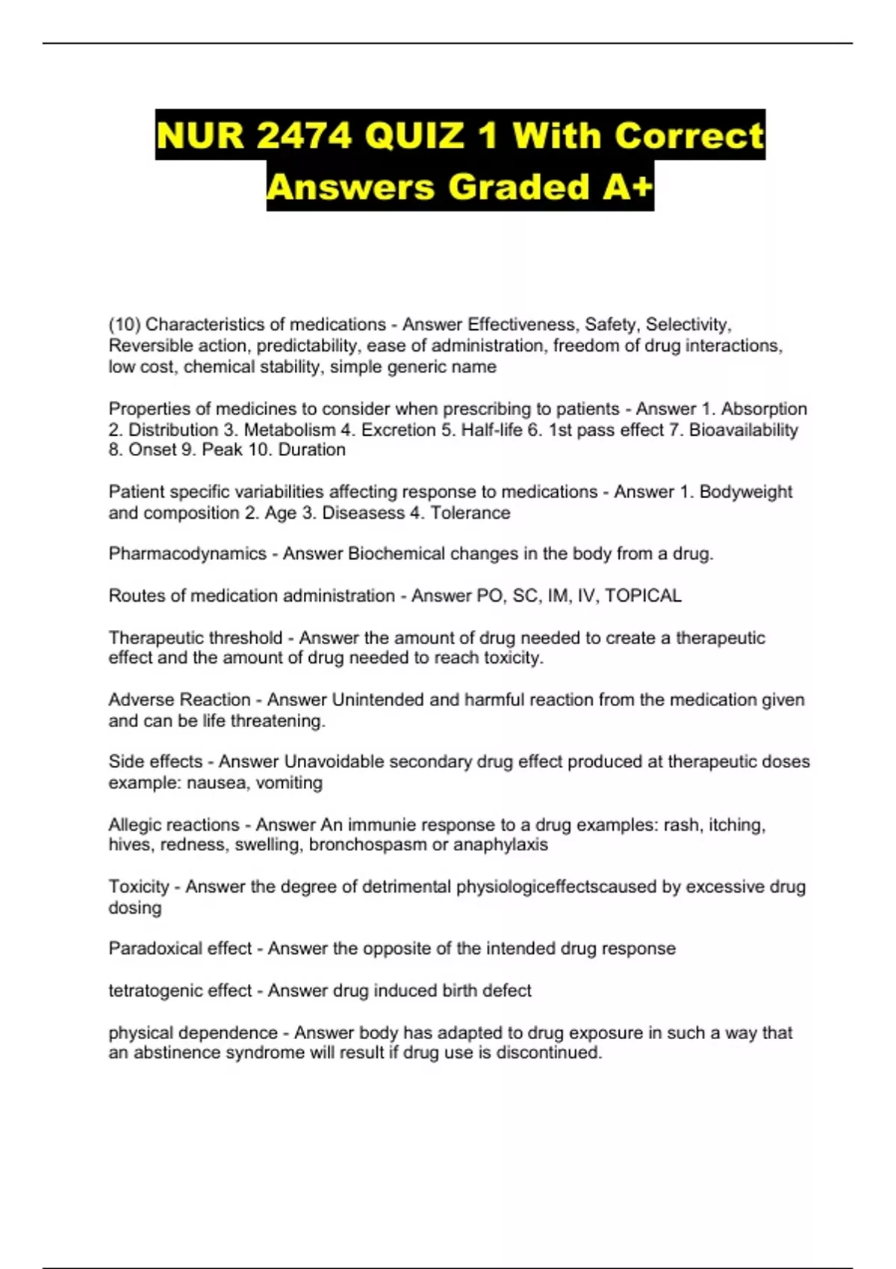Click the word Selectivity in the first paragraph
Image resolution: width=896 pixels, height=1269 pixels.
tap(688, 325)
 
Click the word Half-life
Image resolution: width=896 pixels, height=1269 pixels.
tap(492, 430)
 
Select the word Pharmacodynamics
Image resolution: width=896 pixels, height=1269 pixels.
tap(187, 554)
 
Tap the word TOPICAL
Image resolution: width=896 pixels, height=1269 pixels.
tap(643, 596)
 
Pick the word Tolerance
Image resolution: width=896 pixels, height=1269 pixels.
tap(470, 513)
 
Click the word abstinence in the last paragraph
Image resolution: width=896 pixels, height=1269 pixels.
tap(178, 1053)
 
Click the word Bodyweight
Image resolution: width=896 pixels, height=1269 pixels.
tap(746, 492)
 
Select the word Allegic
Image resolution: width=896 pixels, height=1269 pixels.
tap(136, 825)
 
